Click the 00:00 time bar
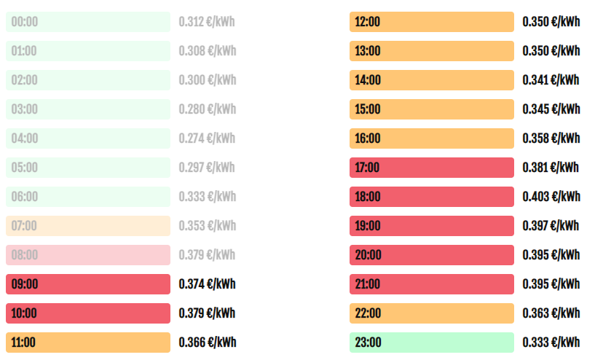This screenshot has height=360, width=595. point(88,22)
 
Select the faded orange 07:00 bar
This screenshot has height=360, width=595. point(88,226)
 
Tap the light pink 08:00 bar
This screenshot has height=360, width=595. point(88,255)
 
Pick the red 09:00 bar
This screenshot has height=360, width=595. point(88,284)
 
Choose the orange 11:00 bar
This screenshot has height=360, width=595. point(88,343)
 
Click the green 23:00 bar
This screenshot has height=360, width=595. point(432,343)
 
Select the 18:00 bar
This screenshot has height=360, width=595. point(432,197)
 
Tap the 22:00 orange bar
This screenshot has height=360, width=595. point(432,313)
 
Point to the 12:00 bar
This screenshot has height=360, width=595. point(432,22)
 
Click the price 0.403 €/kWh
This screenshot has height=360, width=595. point(551,197)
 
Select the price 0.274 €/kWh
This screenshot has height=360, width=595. point(207,138)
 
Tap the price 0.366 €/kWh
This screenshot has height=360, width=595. point(208,343)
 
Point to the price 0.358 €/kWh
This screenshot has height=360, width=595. point(551,138)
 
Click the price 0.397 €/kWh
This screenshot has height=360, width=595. point(551,226)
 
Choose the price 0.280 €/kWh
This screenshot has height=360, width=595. point(208,109)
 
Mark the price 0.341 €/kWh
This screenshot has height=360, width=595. point(551,80)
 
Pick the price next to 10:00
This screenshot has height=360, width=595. point(207,313)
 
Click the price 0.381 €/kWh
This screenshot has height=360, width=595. point(551,168)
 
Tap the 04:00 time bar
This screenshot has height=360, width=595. point(88,138)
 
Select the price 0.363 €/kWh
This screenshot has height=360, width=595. point(551,313)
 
